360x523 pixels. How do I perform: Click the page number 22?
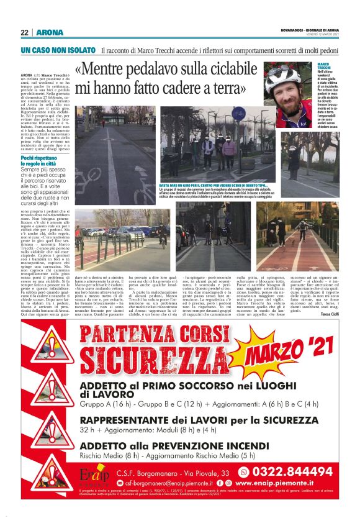(x=25, y=32)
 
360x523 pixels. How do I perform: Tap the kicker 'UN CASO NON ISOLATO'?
(x=57, y=50)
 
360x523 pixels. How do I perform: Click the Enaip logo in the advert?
(x=94, y=478)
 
